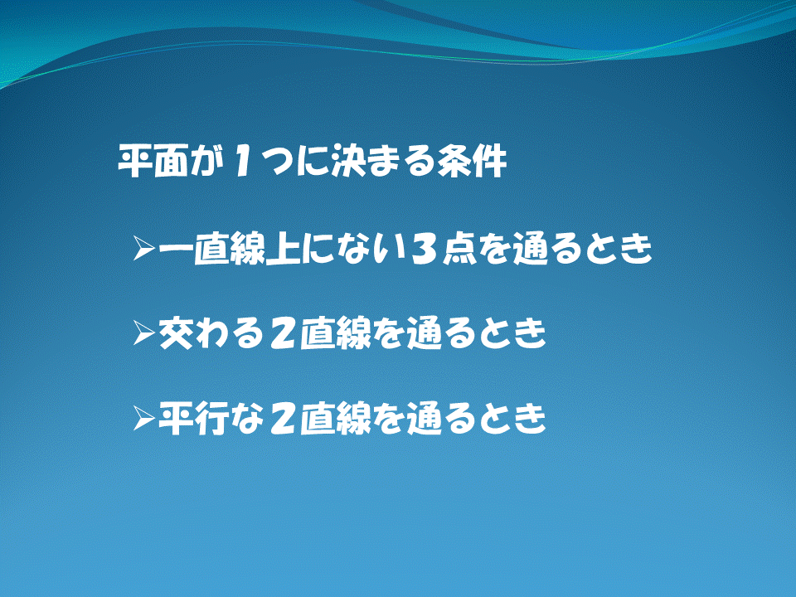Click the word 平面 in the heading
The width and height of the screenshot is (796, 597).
pos(154,162)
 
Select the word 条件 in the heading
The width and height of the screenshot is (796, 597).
pos(472,162)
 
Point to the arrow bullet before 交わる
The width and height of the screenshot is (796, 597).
pos(143,332)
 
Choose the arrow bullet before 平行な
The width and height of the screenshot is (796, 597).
pos(143,417)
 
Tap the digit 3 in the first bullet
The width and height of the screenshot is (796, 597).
pos(424,249)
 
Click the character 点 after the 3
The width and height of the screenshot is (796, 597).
pos(460,249)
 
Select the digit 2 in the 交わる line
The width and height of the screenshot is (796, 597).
pos(282,333)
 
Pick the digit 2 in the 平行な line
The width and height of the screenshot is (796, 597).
pos(282,419)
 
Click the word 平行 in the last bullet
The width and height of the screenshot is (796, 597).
pos(194,419)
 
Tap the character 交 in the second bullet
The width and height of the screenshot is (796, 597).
pos(176,333)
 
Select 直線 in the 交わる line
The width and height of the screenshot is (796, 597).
pos(335,333)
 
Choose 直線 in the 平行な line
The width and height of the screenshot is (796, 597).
pos(335,419)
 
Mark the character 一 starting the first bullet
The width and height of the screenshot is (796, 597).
pos(176,249)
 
